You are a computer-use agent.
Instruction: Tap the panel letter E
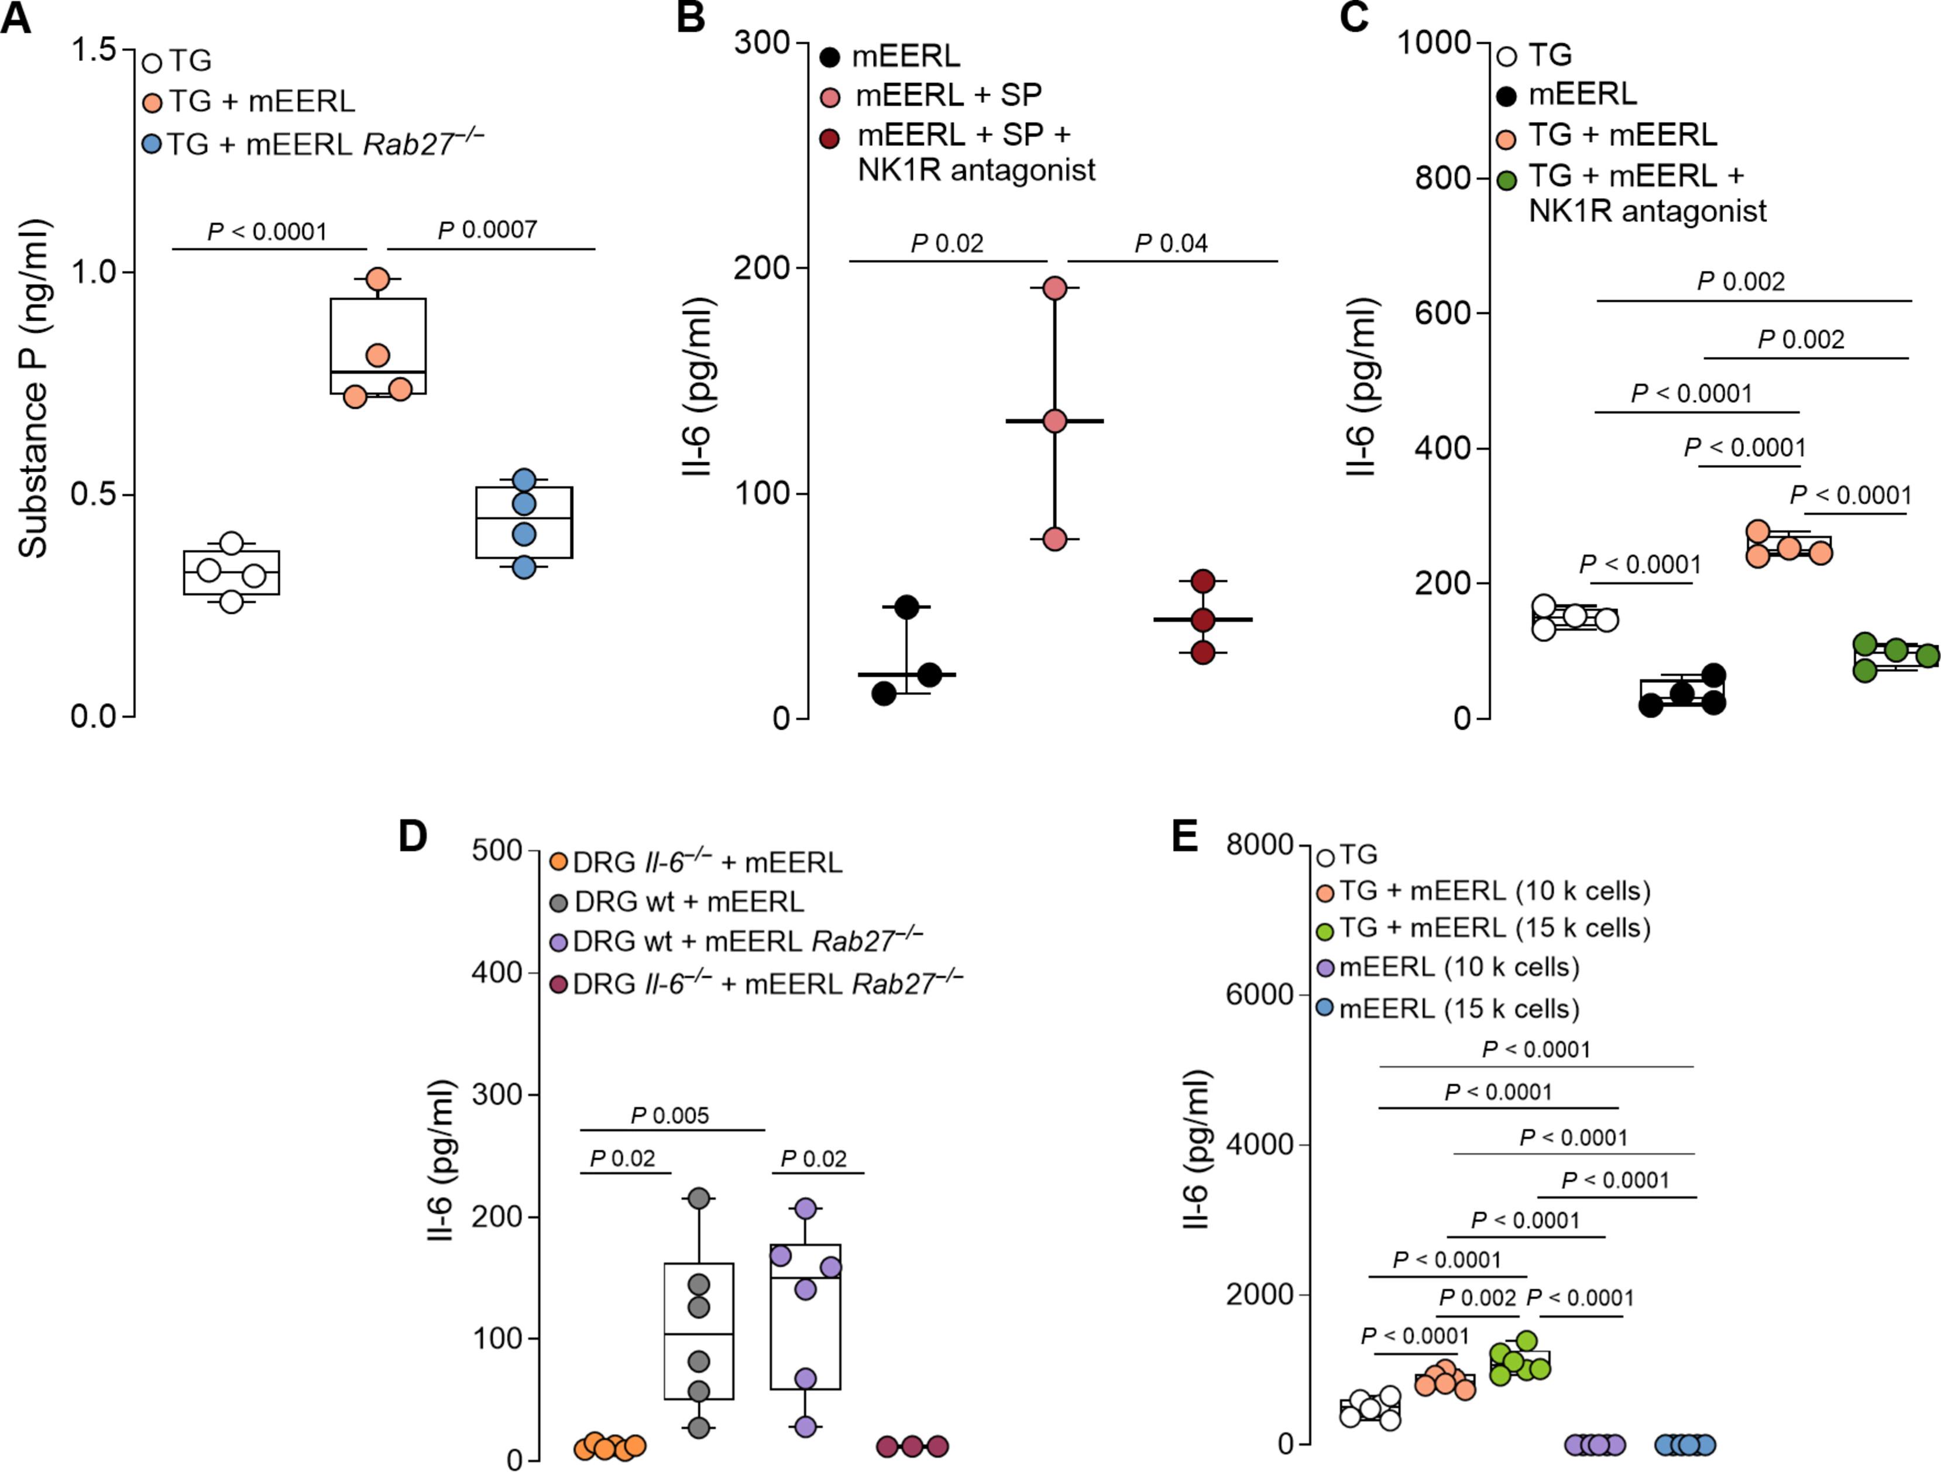tap(1184, 836)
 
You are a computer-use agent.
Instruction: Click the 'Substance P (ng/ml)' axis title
tap(33, 388)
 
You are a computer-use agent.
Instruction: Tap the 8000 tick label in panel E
tap(1260, 845)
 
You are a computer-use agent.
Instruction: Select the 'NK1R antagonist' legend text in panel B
tap(975, 170)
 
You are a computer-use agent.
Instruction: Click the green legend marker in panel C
tap(1507, 181)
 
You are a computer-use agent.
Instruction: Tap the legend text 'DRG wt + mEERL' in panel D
tap(688, 902)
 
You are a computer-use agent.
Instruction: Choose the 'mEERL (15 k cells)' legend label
tap(1458, 1009)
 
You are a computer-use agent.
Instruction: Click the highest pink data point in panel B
tap(1054, 288)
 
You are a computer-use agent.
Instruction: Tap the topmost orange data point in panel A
tap(378, 279)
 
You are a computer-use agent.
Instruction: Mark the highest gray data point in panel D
tap(699, 1198)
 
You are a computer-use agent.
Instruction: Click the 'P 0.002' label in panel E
tap(1477, 1298)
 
